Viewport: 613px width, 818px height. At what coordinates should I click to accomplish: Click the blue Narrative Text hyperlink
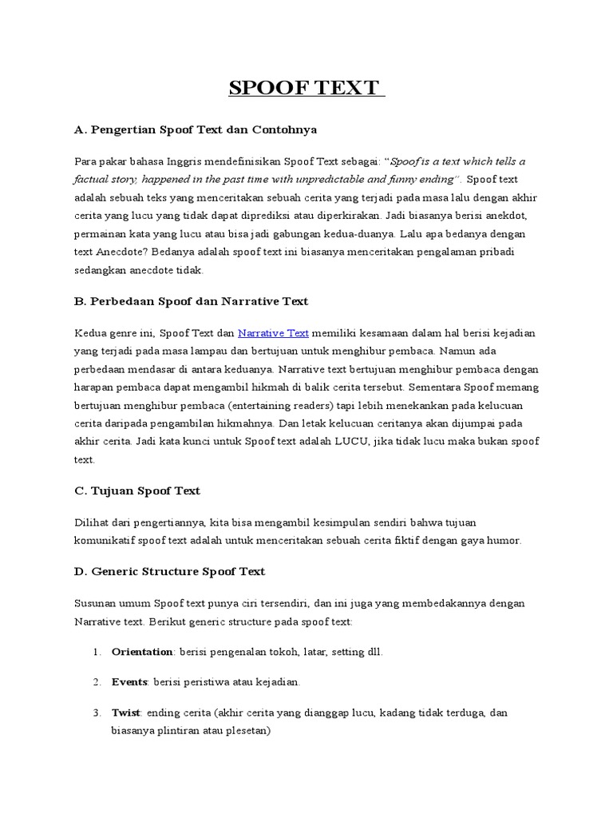pyautogui.click(x=273, y=332)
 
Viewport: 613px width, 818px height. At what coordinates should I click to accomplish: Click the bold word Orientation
pyautogui.click(x=142, y=652)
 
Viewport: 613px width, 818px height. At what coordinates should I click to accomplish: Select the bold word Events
pyautogui.click(x=130, y=681)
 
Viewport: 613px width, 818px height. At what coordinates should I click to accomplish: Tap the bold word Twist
pyautogui.click(x=126, y=712)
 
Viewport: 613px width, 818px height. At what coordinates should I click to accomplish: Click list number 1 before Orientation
pyautogui.click(x=96, y=652)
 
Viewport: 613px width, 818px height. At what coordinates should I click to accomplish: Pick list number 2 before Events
pyautogui.click(x=96, y=681)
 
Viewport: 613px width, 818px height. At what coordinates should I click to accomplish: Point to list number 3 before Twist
pyautogui.click(x=96, y=712)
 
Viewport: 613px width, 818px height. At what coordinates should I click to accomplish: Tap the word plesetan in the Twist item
pyautogui.click(x=248, y=729)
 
